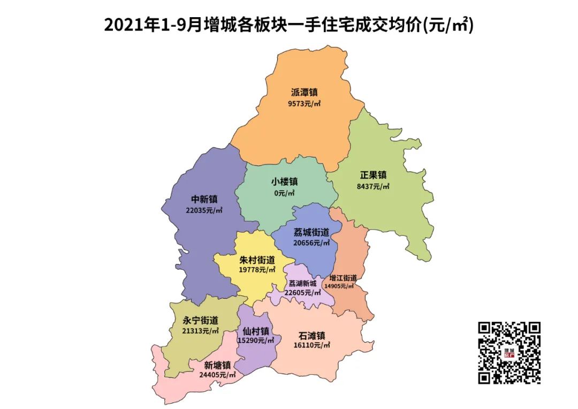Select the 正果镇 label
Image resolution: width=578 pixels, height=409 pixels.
tap(373, 175)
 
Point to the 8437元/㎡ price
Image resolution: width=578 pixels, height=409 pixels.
tap(373, 187)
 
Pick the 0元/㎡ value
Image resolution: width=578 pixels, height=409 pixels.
tap(284, 193)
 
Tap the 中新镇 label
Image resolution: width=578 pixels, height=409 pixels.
tap(204, 199)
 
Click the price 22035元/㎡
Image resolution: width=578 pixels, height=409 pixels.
tap(204, 210)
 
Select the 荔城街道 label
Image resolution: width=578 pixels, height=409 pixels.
tap(311, 232)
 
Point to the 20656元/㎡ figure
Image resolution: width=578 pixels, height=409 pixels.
tap(311, 243)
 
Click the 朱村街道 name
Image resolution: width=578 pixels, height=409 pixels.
tap(257, 260)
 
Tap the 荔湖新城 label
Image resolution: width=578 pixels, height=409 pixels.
tap(302, 283)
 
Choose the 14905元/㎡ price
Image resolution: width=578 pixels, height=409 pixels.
tap(343, 286)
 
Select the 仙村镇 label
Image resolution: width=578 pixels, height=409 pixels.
tap(256, 331)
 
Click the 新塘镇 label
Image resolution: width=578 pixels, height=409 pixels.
tap(217, 365)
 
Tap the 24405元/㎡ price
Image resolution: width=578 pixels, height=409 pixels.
tap(217, 375)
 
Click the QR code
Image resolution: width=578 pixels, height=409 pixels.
tap(508, 353)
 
